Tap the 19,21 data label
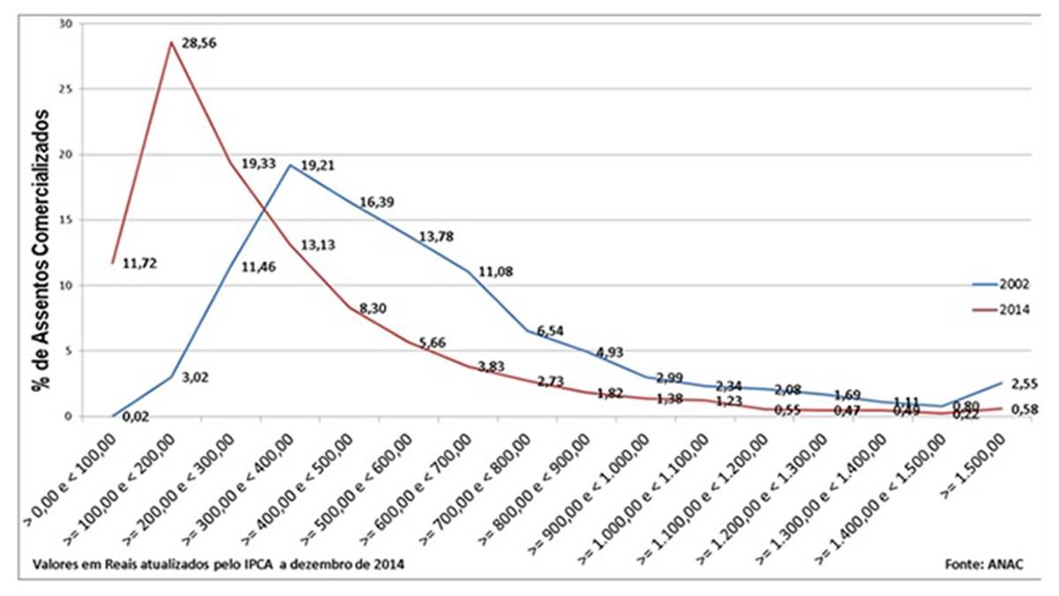tap(318, 164)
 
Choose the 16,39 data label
tap(376, 202)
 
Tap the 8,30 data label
tap(374, 309)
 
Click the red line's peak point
tap(170, 42)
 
